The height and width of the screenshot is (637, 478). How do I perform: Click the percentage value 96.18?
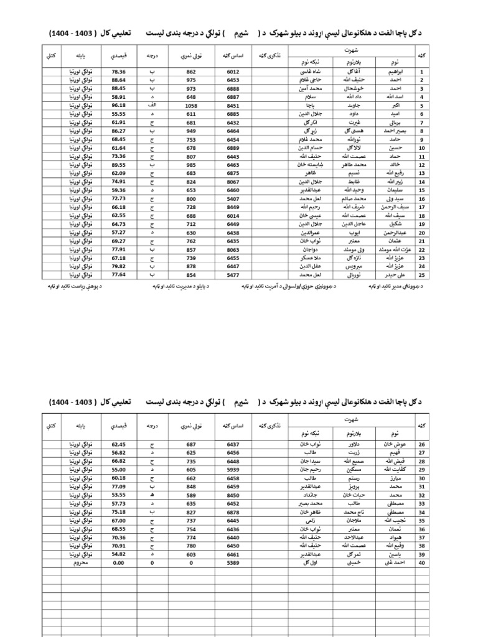click(x=118, y=106)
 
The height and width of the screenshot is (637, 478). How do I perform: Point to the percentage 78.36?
click(x=118, y=72)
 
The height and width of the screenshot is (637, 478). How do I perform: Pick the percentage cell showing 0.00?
click(x=118, y=562)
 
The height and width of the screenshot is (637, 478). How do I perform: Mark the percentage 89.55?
click(x=118, y=164)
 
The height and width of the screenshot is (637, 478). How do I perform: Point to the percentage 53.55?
click(x=118, y=495)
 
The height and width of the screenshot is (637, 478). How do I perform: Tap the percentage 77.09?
click(x=118, y=487)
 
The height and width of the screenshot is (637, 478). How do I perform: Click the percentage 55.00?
click(x=118, y=470)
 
